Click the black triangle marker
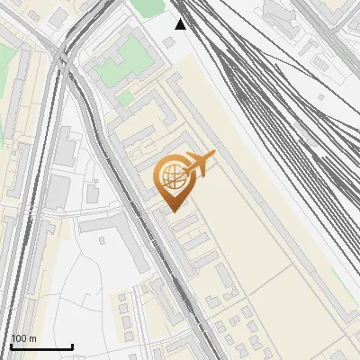pyautogui.click(x=180, y=24)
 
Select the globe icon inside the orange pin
pyautogui.click(x=171, y=176)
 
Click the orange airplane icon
pyautogui.click(x=199, y=164)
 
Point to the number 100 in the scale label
pyautogui.click(x=19, y=338)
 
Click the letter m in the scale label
pyautogui.click(x=32, y=338)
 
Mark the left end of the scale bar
pyautogui.click(x=10, y=347)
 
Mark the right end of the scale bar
pyautogui.click(x=72, y=347)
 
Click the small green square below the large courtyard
pyautogui.click(x=126, y=96)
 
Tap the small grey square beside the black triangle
pyautogui.click(x=169, y=42)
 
